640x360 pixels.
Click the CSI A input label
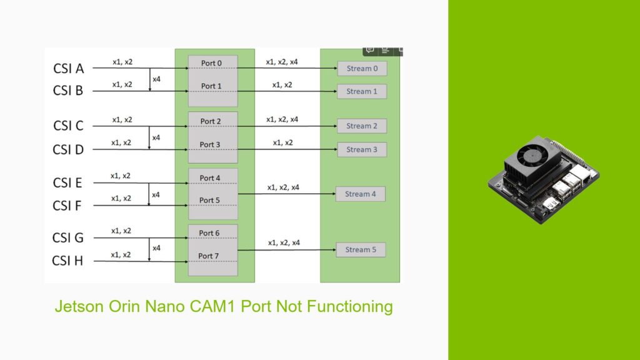(68, 69)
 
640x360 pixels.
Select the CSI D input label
(68, 149)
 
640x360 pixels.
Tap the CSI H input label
(68, 261)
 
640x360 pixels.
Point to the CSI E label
(67, 183)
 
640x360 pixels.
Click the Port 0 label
(211, 63)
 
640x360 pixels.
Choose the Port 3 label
(210, 144)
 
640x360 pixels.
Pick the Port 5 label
(210, 200)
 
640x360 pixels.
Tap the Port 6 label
(209, 233)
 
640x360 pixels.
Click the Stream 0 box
(362, 69)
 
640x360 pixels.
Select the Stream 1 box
(362, 91)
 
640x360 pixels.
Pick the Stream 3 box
(362, 149)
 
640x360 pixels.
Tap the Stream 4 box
(361, 194)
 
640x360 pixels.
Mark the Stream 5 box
(361, 249)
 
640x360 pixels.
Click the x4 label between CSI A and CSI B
(156, 80)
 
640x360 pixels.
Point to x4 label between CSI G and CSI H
(156, 247)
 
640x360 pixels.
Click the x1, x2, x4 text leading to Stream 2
(282, 119)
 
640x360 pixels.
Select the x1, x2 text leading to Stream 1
(282, 84)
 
